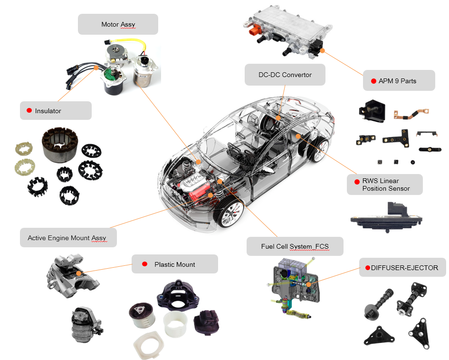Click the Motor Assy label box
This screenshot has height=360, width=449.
click(118, 24)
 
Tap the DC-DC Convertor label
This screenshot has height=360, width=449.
click(285, 75)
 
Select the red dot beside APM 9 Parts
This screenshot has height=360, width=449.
click(373, 81)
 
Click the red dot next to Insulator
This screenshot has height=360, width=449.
click(28, 111)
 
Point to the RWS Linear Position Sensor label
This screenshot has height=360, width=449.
click(384, 185)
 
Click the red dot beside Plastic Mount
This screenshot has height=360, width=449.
click(144, 264)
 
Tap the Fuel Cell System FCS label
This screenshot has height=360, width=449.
click(295, 246)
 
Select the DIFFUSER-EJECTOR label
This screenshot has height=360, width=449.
click(402, 268)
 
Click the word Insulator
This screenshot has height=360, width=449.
click(48, 111)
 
